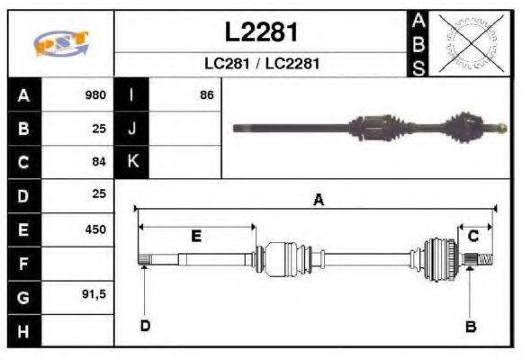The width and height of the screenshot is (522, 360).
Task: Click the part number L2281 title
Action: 261,32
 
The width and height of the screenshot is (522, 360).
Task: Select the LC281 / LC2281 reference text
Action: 261,64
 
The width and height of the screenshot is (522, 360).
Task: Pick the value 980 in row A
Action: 95,95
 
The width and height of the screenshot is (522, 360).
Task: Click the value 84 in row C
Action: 99,162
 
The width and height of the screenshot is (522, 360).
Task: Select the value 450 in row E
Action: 95,229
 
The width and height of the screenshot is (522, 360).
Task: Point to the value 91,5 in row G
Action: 94,295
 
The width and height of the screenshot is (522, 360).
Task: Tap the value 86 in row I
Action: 206,95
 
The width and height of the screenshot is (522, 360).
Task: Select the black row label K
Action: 131,162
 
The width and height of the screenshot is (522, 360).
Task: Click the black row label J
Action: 131,129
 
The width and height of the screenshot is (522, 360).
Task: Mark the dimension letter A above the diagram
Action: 317,201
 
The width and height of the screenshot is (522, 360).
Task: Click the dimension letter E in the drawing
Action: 196,236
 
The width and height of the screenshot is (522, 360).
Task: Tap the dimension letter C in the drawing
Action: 473,236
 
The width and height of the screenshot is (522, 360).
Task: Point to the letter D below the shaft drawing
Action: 145,325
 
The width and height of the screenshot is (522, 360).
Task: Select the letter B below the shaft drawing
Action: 470,326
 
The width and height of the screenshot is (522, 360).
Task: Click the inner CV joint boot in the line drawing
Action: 284,256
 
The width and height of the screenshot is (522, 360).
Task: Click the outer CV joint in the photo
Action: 472,126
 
